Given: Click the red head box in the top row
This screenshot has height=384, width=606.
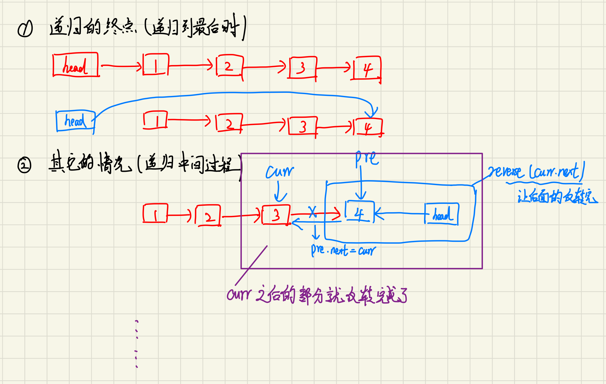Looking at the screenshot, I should coord(76,65).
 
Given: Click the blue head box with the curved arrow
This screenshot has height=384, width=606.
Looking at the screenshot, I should coord(75,121).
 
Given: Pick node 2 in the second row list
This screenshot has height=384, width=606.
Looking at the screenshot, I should coord(229,123).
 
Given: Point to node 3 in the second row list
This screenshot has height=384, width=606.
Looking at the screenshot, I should coord(303,126).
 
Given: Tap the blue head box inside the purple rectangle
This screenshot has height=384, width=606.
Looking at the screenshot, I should coord(441,214).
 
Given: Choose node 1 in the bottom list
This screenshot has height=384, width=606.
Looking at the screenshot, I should coord(155,213).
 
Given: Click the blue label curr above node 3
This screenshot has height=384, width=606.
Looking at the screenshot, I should coord(279,171).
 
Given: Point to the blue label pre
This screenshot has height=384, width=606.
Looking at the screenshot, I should coord(367,158).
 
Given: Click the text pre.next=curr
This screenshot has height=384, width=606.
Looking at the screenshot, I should coord(343,250).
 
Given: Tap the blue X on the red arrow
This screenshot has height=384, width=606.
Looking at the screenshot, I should coord(312,212).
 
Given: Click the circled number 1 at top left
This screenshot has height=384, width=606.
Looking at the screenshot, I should coord(25,29).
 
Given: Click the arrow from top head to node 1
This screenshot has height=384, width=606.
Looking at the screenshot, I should coord(121,66).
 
